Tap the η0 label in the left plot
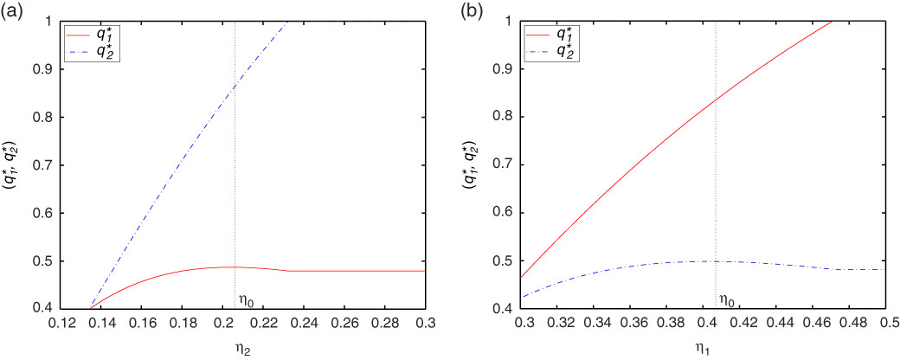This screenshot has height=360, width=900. [x=246, y=301]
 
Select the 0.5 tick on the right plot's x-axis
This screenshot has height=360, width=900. [x=884, y=322]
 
